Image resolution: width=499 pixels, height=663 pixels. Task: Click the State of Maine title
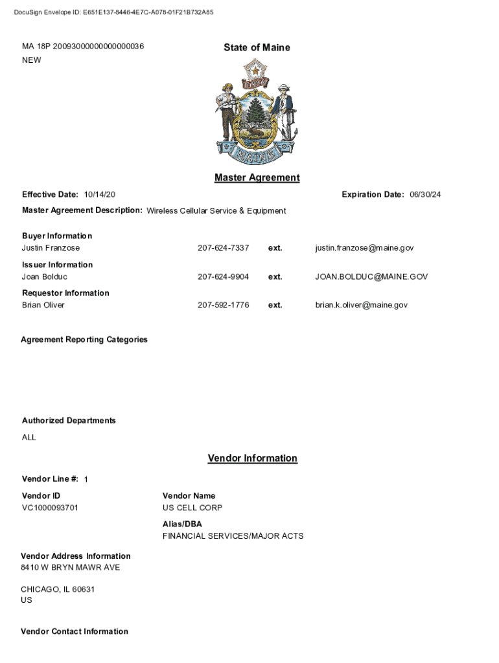(257, 47)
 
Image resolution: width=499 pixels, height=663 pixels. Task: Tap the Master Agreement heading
(257, 177)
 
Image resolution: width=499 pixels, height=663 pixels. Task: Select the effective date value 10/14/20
(100, 195)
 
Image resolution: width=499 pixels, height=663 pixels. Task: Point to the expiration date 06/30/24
(425, 195)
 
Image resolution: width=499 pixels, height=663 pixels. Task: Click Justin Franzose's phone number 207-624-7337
(223, 248)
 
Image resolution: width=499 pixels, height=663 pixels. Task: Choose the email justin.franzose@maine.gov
(364, 248)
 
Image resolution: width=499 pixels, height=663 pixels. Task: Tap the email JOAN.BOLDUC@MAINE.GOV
(371, 276)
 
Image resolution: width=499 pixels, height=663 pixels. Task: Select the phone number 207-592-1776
(223, 305)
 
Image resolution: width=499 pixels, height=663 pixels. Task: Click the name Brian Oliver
(43, 305)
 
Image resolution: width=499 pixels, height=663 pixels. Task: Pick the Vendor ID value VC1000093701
(50, 508)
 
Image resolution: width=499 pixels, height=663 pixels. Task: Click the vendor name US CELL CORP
(192, 508)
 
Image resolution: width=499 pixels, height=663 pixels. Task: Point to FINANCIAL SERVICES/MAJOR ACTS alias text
(233, 536)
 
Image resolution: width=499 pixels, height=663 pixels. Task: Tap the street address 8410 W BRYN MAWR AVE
(70, 568)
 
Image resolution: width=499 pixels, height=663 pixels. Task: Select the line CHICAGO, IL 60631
(58, 589)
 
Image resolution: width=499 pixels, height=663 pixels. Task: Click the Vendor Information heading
(252, 458)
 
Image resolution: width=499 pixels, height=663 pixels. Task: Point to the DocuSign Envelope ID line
(113, 12)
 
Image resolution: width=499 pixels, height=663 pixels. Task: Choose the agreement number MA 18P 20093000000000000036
(83, 47)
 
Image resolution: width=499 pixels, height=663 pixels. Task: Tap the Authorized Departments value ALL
(29, 437)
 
